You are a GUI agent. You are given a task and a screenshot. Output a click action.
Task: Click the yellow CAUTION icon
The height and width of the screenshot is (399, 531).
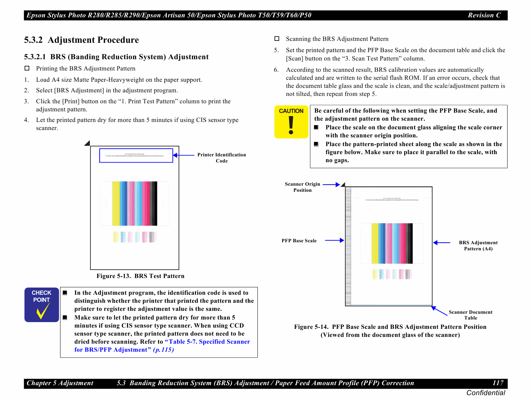[291, 122]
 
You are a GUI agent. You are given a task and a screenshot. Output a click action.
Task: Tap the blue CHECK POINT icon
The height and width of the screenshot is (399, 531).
[42, 304]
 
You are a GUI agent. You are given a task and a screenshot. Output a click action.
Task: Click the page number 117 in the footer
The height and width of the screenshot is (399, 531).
[498, 383]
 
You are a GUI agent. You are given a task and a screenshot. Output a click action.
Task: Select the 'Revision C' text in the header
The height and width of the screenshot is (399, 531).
[484, 15]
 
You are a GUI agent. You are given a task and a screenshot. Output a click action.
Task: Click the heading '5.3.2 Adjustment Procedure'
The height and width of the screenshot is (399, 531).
[81, 40]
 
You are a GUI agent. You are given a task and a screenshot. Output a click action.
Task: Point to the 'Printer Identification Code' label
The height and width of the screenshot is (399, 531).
[221, 158]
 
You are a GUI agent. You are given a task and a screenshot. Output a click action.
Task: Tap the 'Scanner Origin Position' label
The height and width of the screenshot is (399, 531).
[302, 187]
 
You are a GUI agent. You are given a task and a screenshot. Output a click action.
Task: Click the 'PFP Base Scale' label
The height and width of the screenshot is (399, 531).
[299, 241]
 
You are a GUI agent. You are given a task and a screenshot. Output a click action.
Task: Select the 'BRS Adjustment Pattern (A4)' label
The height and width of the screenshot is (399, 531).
[478, 246]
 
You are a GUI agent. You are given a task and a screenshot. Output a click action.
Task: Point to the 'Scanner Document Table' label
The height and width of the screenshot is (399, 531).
[470, 315]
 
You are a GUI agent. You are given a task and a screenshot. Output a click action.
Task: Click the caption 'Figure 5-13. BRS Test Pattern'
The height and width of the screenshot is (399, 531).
[140, 276]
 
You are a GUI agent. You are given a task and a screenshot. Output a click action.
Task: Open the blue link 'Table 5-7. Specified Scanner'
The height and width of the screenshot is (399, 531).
[208, 342]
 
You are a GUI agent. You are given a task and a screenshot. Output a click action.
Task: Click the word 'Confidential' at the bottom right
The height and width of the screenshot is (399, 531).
[485, 393]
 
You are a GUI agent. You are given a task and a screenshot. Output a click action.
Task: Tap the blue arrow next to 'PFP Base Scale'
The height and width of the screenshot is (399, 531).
[334, 240]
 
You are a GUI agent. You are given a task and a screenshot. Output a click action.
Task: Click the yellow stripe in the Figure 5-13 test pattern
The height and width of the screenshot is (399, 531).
[116, 203]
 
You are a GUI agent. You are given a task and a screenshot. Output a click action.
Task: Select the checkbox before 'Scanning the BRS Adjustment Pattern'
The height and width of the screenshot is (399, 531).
[277, 39]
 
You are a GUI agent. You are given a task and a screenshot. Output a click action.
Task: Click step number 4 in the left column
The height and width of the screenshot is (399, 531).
[26, 120]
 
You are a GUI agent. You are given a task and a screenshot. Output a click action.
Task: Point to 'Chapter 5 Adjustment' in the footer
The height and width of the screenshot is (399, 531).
[60, 383]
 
